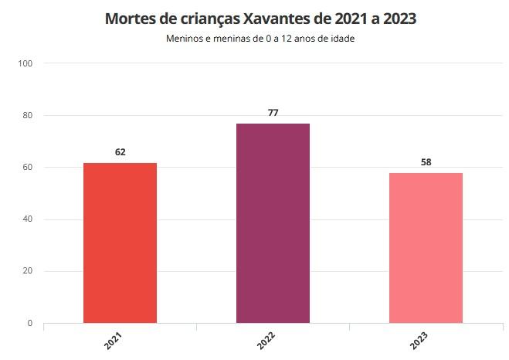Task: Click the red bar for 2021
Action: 120,243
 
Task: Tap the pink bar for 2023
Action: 426,247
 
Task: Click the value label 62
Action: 120,152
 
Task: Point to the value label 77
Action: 273,113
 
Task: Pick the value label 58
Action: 426,162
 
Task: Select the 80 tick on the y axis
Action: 27,115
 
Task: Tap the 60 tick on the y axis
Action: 27,168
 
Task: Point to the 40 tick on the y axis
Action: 27,219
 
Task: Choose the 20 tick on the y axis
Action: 27,271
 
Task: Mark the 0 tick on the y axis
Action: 29,323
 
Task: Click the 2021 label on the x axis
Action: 113,340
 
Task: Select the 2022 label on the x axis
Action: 266,340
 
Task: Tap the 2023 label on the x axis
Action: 419,340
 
